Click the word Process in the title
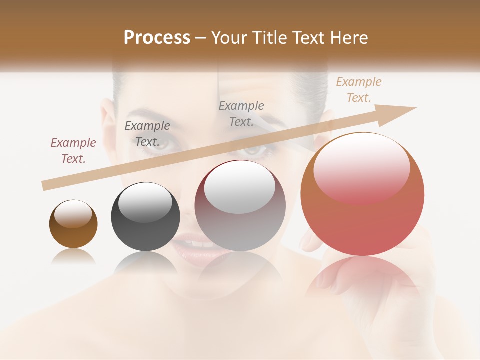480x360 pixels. [157, 38]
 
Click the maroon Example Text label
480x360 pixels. [73, 151]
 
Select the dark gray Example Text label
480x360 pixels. [147, 134]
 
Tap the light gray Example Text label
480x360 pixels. [241, 114]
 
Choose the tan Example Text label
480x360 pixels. [359, 90]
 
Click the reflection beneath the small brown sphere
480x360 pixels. [73, 256]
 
